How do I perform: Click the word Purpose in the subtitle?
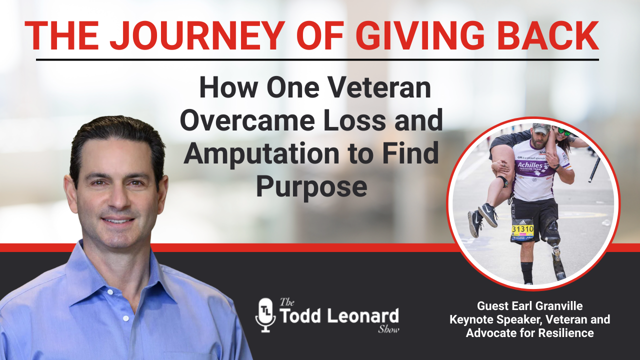tap(311, 187)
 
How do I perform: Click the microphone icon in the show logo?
tap(265, 315)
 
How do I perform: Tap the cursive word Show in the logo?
tap(388, 329)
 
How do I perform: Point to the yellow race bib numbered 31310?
tap(522, 229)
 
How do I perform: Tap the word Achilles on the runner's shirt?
tap(530, 165)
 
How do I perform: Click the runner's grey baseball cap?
tap(541, 128)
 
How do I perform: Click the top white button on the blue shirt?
tap(110, 292)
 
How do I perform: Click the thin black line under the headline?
tap(317, 60)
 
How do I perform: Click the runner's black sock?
tap(526, 272)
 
